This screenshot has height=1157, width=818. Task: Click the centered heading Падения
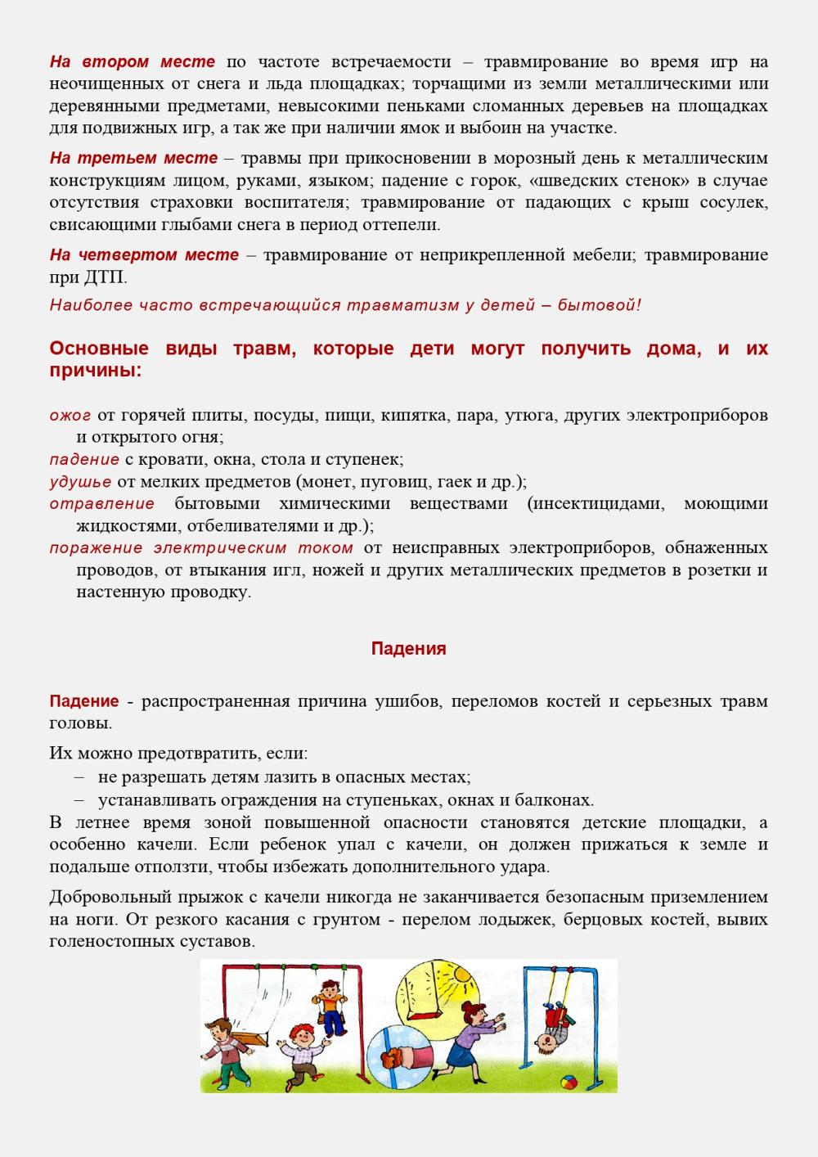[x=408, y=649]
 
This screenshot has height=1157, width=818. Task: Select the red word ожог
[x=70, y=415]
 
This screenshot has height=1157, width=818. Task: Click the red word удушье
[x=80, y=481]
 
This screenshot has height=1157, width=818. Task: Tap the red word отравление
[x=101, y=503]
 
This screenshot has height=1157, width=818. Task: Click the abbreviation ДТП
[x=106, y=277]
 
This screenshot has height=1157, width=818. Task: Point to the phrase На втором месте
[x=133, y=62]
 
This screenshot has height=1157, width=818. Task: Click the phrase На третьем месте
[x=133, y=158]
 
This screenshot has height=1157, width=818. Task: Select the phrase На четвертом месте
[x=144, y=254]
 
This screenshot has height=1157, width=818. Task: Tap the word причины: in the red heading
[x=96, y=370]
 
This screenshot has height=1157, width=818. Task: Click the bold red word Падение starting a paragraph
[x=83, y=701]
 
